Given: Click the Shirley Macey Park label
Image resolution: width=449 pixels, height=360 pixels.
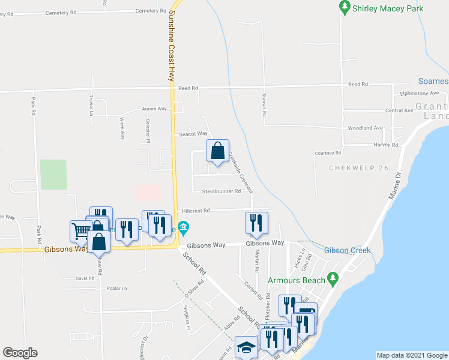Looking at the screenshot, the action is (389, 8).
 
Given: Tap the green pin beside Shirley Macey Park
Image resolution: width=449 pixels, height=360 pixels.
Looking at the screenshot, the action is (345, 8).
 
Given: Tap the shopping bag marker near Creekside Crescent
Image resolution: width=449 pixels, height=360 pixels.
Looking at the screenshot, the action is (217, 151).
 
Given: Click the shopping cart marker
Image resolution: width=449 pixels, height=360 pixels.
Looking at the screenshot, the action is (80, 230).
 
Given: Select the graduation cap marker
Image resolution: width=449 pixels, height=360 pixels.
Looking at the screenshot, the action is (246, 347).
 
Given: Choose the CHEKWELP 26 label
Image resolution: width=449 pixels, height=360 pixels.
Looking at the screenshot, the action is (357, 168).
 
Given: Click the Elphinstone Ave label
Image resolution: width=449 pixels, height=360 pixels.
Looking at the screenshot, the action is (420, 94).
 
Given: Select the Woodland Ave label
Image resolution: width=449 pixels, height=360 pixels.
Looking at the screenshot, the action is (366, 128).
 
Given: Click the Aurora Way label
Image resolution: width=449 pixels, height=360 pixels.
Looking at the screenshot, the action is (154, 109).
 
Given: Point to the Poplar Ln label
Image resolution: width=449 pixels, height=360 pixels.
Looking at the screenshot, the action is (116, 289).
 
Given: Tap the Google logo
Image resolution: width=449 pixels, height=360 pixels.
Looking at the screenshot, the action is (20, 353).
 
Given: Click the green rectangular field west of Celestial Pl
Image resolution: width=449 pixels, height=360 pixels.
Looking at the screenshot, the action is (53, 175).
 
